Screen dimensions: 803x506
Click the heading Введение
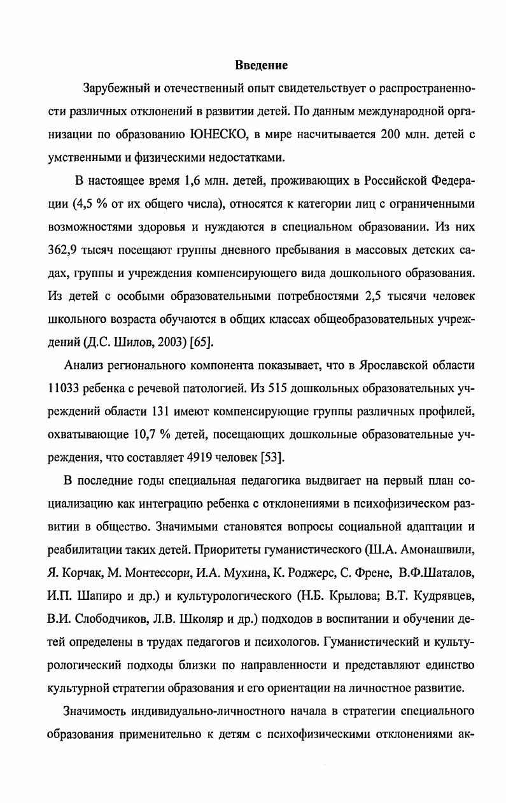tap(261, 65)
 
